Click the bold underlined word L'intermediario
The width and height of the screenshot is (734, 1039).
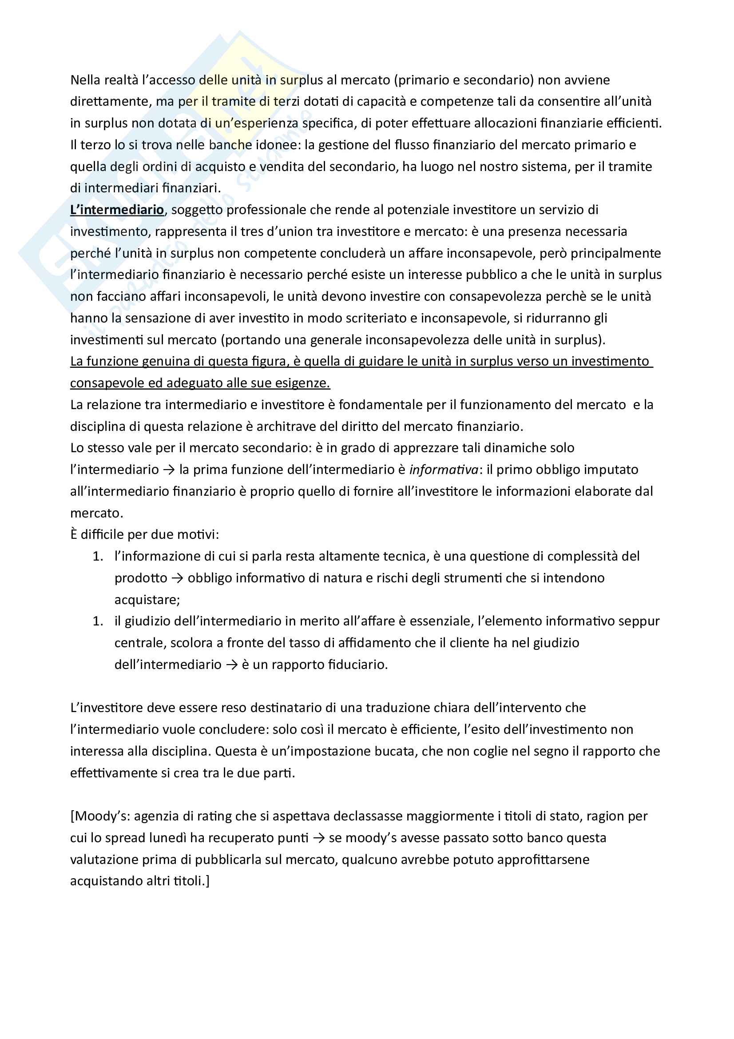[x=117, y=210]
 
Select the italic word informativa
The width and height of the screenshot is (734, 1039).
[x=444, y=470]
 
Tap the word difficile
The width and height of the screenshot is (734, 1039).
[x=102, y=534]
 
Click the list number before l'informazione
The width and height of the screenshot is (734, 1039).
[x=98, y=556]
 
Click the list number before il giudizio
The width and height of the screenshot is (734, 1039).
[x=98, y=621]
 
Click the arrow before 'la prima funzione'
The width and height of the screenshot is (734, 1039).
[x=169, y=470]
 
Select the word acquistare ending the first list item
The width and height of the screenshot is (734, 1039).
[x=147, y=600]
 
